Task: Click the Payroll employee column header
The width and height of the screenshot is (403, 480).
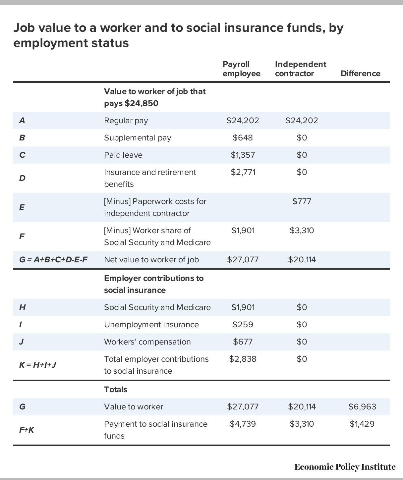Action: [241, 69]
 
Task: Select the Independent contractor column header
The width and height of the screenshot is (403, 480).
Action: [300, 69]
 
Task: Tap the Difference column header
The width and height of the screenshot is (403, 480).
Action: [360, 74]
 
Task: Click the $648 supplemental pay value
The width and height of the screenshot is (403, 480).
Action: [243, 138]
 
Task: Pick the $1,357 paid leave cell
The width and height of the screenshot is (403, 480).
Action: [243, 155]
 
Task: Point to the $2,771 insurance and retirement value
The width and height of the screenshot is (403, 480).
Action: [243, 172]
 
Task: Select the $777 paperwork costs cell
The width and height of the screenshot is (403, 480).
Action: [302, 201]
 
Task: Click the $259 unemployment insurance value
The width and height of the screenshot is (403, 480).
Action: [243, 325]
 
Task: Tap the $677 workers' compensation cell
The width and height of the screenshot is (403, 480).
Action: [243, 342]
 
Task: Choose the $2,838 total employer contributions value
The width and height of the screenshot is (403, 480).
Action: [243, 359]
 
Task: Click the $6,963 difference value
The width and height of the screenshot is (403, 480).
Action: [362, 407]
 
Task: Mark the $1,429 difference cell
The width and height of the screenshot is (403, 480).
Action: [362, 424]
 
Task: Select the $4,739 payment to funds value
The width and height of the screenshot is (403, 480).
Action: [243, 424]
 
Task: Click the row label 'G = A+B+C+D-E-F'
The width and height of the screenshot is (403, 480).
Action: [53, 260]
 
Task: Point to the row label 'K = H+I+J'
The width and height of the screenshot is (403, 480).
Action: [37, 365]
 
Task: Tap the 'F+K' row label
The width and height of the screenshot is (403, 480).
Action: [27, 430]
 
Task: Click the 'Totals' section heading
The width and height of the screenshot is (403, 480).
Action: [116, 390]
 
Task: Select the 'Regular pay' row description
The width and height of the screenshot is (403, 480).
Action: [126, 121]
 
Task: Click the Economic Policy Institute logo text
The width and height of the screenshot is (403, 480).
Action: [345, 467]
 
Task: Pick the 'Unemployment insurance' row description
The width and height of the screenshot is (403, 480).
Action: [151, 325]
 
